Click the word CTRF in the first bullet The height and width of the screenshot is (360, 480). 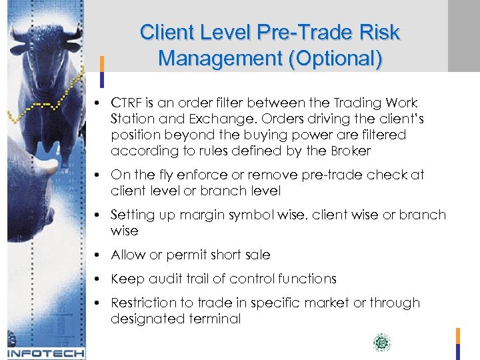(127, 103)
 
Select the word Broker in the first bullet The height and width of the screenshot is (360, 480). (349, 151)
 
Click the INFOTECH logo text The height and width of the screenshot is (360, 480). (45, 353)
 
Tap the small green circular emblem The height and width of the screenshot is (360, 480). (381, 343)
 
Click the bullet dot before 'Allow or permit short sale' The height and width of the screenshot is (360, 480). (97, 255)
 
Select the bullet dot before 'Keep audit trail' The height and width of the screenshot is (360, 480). (97, 279)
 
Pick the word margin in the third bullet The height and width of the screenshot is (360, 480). (189, 215)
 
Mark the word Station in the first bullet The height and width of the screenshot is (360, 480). (131, 119)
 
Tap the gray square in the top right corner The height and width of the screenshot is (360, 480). (463, 35)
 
